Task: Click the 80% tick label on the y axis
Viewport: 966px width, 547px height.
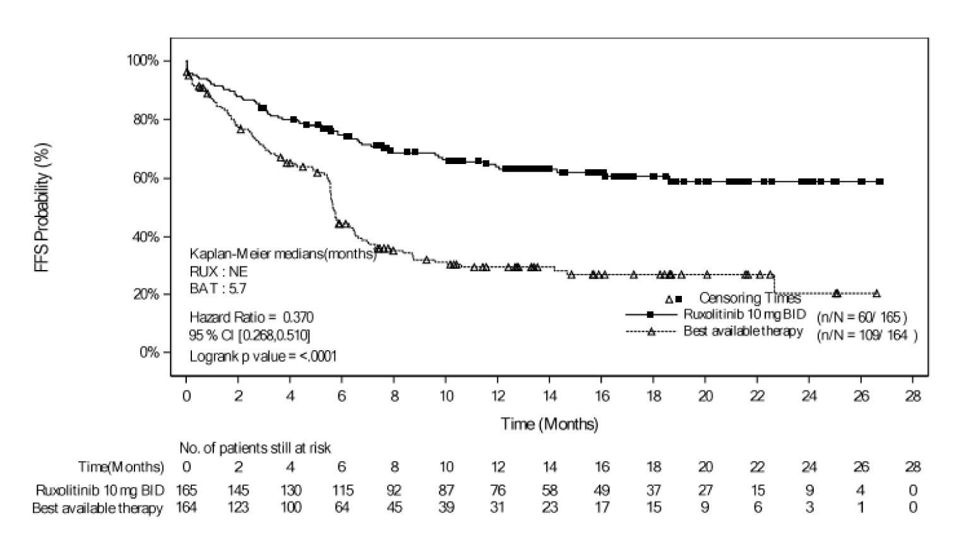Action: click(145, 119)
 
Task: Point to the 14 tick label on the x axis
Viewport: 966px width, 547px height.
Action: click(549, 396)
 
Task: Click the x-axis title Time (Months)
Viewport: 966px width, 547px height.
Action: click(549, 423)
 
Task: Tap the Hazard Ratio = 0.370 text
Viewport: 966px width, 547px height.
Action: click(251, 317)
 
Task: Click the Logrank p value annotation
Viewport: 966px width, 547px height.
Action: click(263, 356)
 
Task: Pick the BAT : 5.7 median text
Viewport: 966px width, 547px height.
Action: click(218, 289)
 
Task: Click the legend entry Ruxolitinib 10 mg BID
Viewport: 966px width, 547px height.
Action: click(744, 314)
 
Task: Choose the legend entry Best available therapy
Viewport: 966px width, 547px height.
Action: click(743, 331)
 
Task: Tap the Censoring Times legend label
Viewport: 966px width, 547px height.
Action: click(749, 298)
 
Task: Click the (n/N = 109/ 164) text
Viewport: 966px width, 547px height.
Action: click(866, 336)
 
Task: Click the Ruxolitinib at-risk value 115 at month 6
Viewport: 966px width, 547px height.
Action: click(342, 490)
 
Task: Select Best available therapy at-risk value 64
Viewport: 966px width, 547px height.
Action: click(342, 507)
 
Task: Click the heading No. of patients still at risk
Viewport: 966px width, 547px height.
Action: click(255, 448)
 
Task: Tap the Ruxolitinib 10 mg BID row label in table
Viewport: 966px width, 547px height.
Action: click(100, 490)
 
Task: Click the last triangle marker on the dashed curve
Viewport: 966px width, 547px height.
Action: click(876, 293)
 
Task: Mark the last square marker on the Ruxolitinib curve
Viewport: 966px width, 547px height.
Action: click(880, 182)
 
